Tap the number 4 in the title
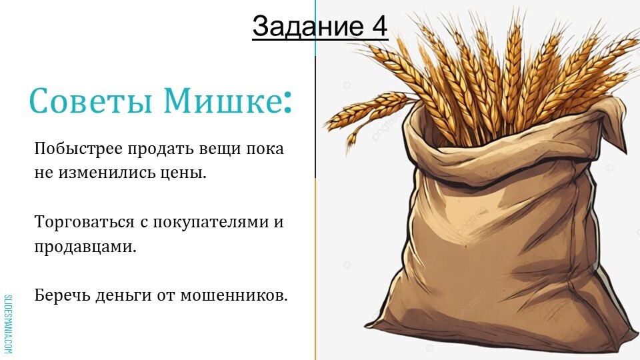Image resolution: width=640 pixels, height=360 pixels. tap(379, 26)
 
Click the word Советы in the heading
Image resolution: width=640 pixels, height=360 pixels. tap(91, 101)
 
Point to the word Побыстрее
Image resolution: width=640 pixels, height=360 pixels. tap(79, 149)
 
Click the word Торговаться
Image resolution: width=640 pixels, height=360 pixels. tap(85, 223)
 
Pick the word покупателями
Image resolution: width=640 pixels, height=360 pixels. tap(211, 223)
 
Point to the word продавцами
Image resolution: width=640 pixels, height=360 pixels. tap(85, 247)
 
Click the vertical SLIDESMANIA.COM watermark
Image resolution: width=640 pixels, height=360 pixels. tap(8, 324)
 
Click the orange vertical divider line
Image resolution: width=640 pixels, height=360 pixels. tap(315, 269)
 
